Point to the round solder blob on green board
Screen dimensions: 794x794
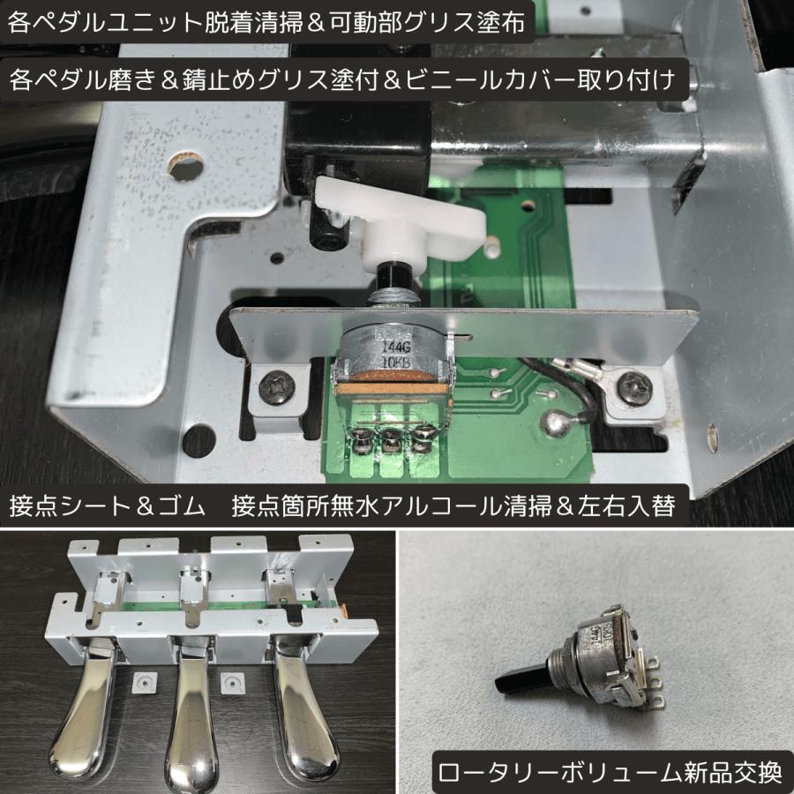[x=558, y=424]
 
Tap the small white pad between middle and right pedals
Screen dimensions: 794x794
[x=232, y=680]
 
